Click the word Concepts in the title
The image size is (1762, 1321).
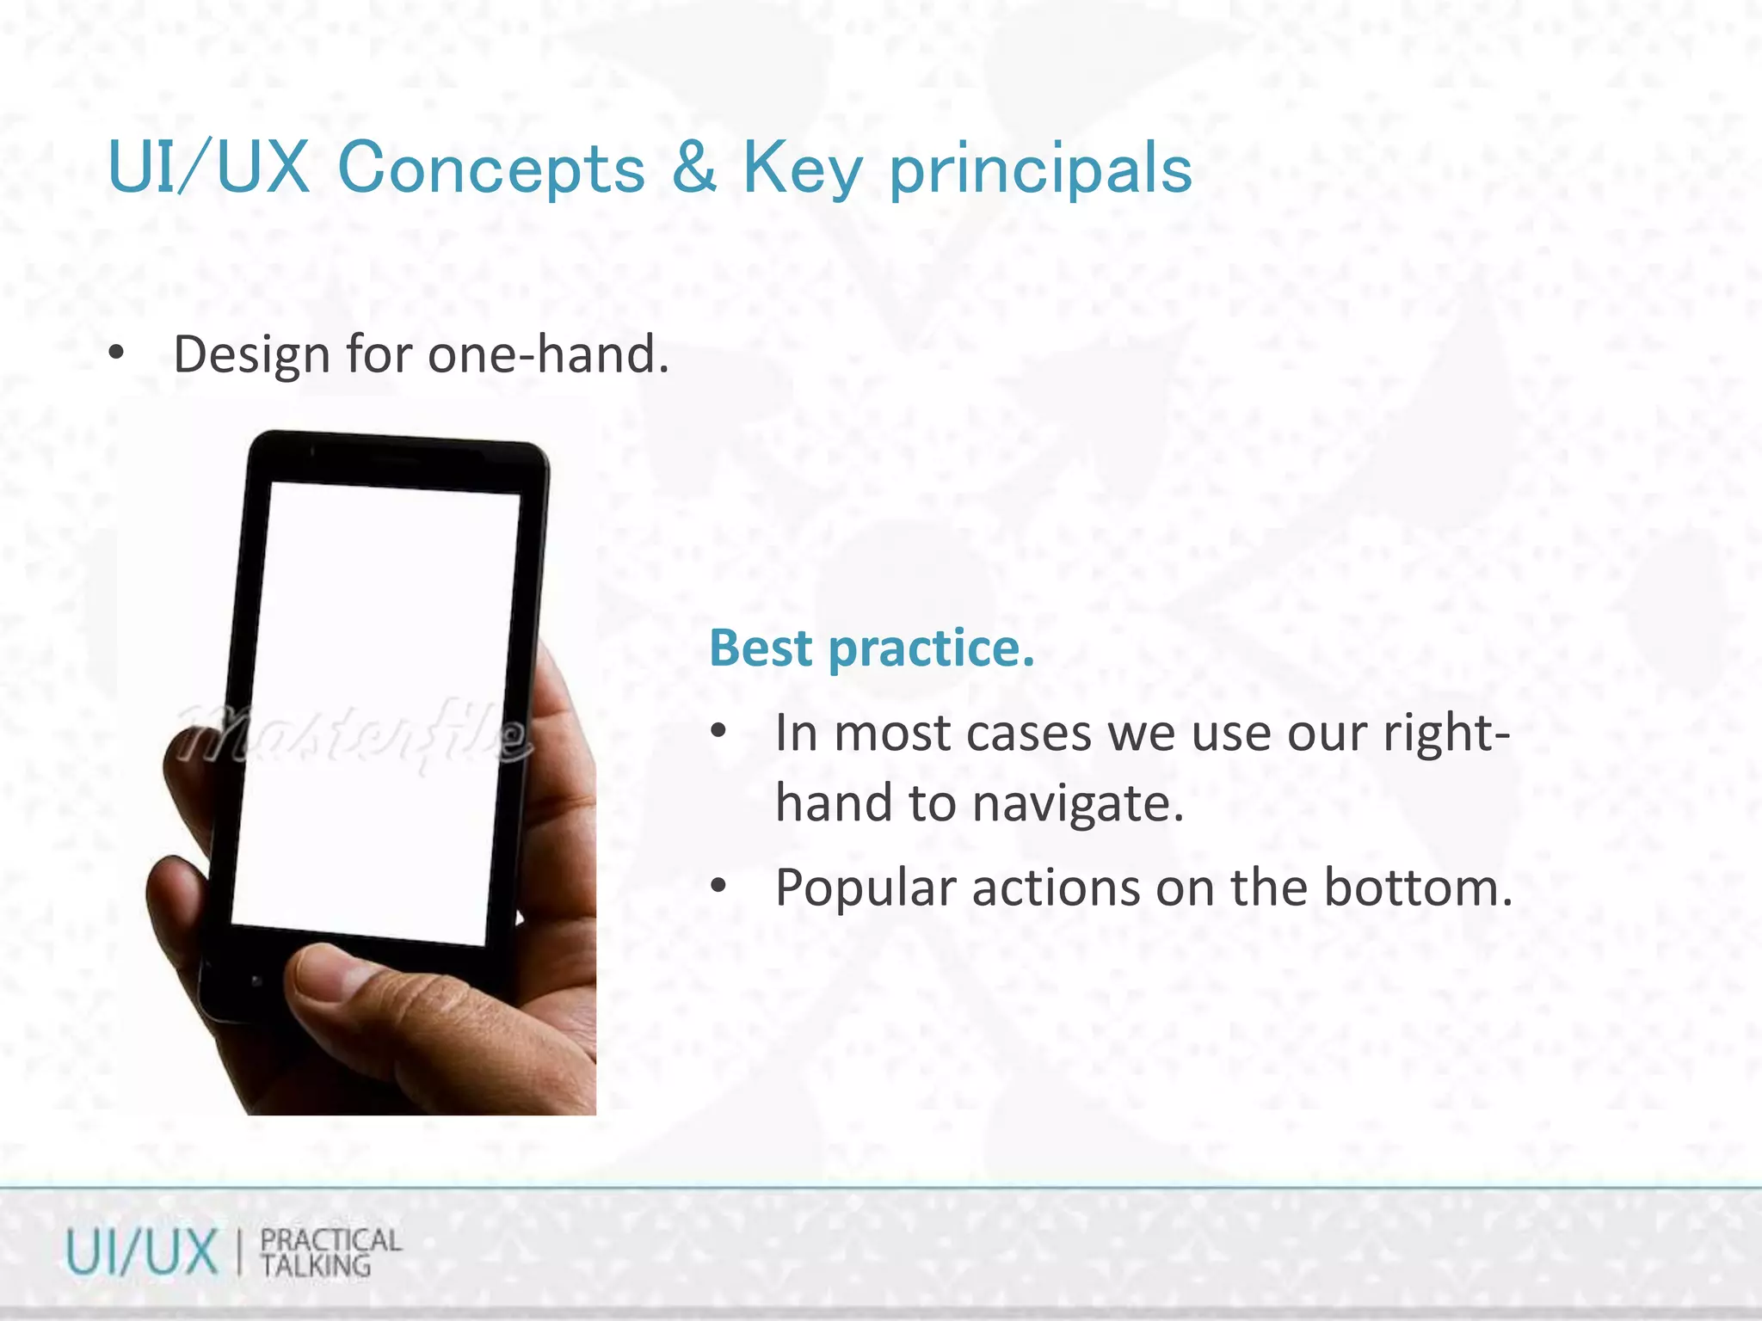pos(491,168)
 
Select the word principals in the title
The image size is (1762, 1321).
pos(1040,169)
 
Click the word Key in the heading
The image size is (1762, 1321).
pos(802,169)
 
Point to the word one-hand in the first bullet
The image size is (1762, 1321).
pos(548,354)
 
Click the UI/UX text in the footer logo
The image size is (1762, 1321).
pos(141,1252)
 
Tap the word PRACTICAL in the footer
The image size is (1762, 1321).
pos(331,1239)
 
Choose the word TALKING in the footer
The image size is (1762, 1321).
pos(316,1266)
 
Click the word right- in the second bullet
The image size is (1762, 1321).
pos(1445,734)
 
